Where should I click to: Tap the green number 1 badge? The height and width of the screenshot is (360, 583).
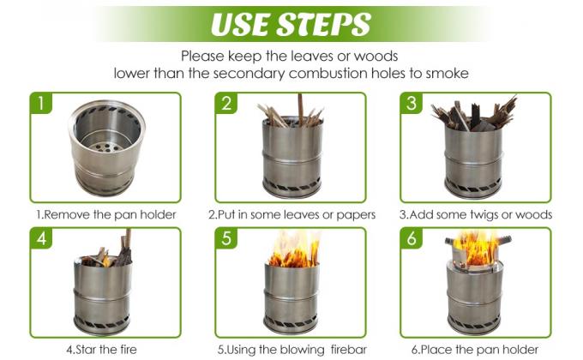pyautogui.click(x=41, y=105)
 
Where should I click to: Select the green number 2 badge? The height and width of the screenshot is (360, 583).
pyautogui.click(x=227, y=105)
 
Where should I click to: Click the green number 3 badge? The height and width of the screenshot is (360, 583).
pyautogui.click(x=413, y=105)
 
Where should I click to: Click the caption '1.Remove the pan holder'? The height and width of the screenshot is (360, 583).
pyautogui.click(x=105, y=214)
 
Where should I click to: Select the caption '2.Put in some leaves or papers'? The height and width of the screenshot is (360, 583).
pyautogui.click(x=291, y=214)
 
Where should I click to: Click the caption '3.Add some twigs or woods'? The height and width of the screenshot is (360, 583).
pyautogui.click(x=477, y=214)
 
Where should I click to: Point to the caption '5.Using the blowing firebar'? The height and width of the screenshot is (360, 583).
pyautogui.click(x=291, y=350)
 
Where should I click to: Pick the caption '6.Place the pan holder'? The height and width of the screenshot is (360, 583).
pyautogui.click(x=477, y=350)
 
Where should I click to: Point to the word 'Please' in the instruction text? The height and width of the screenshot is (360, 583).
pyautogui.click(x=205, y=56)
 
